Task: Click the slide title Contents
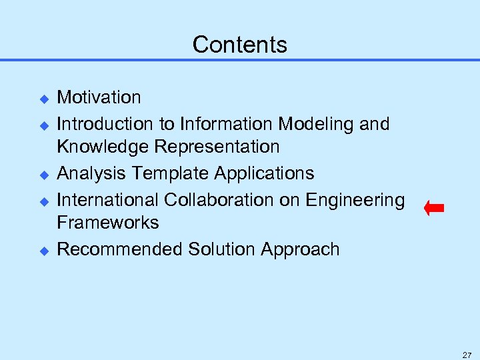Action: (240, 45)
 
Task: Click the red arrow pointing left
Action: (434, 209)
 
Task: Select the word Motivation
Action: (99, 97)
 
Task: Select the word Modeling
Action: (313, 124)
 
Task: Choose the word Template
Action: (170, 173)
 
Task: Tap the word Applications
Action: (264, 173)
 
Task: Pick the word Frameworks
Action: (108, 223)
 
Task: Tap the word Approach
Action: (300, 249)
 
